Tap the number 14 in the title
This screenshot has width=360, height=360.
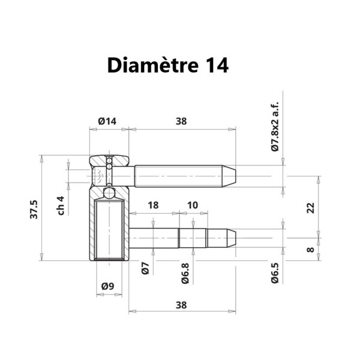coord(214,64)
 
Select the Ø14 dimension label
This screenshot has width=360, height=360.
coord(107,121)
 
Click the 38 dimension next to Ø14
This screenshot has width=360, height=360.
coord(181,121)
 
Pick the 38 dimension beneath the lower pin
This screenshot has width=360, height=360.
coord(181,304)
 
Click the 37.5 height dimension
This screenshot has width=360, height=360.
coord(34,210)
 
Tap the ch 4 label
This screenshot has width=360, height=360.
coord(60,205)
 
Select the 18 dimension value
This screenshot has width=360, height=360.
coord(153,205)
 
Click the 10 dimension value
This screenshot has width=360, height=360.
coord(192,205)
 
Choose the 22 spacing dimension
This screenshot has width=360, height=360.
coord(310,208)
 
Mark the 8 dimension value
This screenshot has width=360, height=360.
coord(310,248)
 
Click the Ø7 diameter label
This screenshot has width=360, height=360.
coord(145,268)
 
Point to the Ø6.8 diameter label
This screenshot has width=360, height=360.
coord(184,272)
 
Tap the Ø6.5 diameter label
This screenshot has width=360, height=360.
coord(275,273)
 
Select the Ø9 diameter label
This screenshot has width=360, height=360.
coord(108,286)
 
